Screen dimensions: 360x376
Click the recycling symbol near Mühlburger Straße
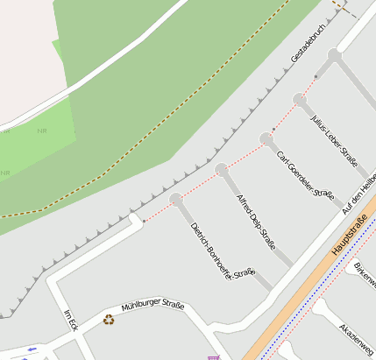109,320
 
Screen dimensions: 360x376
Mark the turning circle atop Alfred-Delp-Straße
222,169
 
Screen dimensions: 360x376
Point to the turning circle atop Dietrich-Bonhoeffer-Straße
176,200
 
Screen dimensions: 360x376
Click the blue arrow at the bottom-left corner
32,349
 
